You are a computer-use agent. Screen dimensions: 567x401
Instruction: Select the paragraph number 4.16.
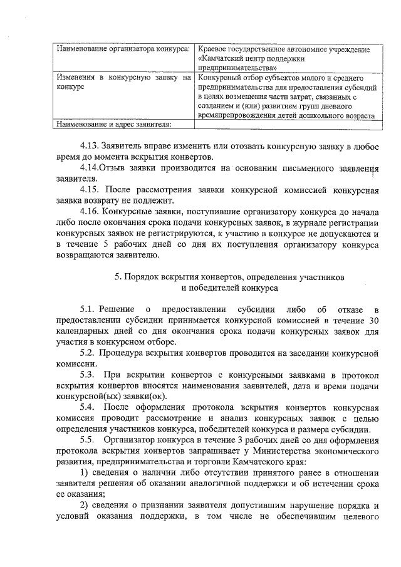point(90,211)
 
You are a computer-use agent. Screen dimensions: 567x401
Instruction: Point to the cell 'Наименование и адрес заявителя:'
point(113,125)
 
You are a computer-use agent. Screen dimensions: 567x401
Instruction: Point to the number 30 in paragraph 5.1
point(373,320)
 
